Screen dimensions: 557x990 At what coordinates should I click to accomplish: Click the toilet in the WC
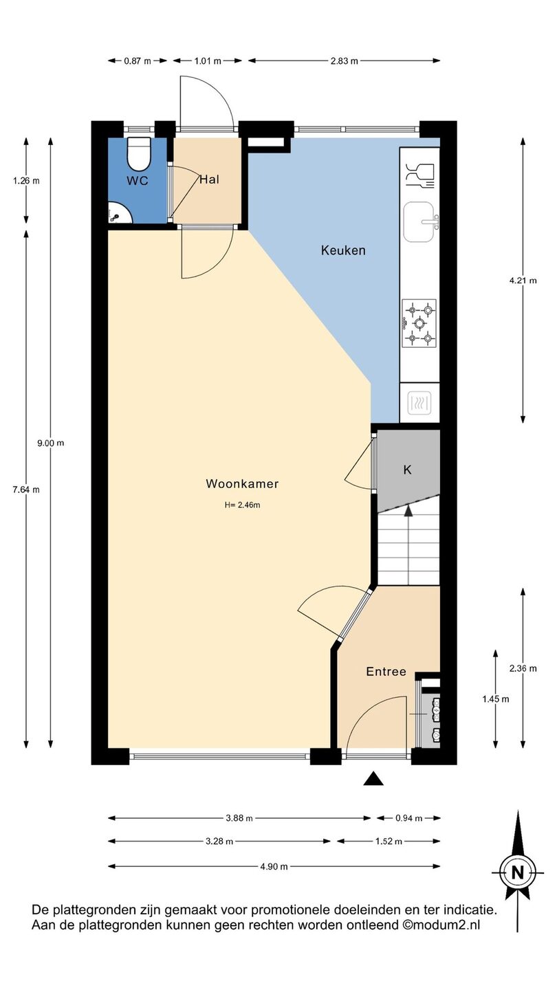click(138, 154)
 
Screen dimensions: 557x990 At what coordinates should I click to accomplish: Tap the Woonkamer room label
click(242, 483)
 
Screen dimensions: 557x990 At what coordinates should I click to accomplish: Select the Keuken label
click(343, 250)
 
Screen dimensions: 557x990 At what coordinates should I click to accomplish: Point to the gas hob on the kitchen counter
click(419, 322)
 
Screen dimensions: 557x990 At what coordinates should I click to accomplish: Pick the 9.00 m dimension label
click(51, 443)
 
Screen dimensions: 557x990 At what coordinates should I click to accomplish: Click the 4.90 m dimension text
click(274, 867)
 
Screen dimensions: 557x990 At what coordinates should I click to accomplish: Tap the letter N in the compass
click(517, 873)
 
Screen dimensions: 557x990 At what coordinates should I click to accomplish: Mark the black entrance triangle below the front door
click(373, 779)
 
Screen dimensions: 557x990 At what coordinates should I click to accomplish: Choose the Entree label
click(386, 672)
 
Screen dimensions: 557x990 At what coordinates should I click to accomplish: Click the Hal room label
click(209, 179)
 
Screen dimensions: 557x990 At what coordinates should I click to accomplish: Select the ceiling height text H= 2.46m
click(242, 505)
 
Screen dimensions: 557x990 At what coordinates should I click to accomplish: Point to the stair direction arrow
click(408, 510)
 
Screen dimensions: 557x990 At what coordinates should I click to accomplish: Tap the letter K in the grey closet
click(407, 470)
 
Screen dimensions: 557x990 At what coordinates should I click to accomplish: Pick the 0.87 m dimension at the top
click(138, 61)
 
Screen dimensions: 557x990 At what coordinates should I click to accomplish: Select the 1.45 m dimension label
click(495, 698)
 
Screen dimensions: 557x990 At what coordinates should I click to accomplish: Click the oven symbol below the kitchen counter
click(419, 403)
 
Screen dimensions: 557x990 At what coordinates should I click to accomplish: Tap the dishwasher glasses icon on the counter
click(420, 175)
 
